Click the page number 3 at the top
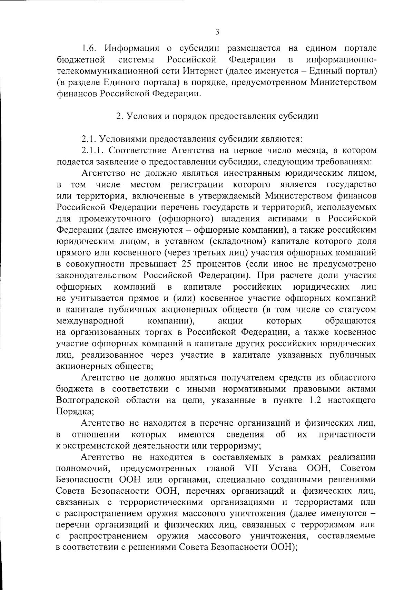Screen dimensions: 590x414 pyautogui.click(x=217, y=32)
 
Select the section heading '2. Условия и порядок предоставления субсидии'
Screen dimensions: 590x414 pyautogui.click(x=217, y=116)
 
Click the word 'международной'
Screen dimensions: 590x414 pyautogui.click(x=90, y=321)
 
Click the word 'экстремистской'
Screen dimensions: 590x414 pyautogui.click(x=95, y=446)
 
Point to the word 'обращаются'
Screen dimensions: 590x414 pyautogui.click(x=351, y=321)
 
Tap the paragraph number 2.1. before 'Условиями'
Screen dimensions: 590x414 pyautogui.click(x=89, y=139)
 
